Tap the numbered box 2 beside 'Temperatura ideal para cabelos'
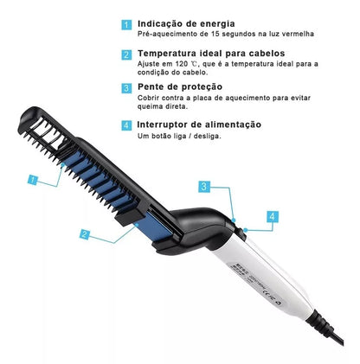[x=126, y=54]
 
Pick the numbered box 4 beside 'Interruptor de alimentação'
[x=126, y=126]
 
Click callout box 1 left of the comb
[x=33, y=181]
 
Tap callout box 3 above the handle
[x=202, y=186]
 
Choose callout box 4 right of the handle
[x=272, y=216]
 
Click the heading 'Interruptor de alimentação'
[x=199, y=125]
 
